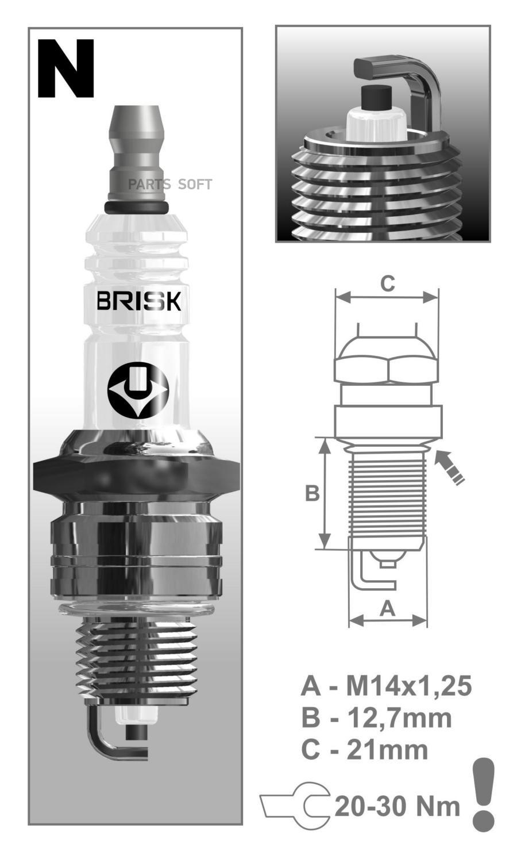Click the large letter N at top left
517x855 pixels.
point(65,68)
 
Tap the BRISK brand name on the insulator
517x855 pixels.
point(139,301)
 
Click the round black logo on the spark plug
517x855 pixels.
point(138,390)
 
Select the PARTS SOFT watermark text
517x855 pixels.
point(169,185)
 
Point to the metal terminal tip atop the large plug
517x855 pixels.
point(137,156)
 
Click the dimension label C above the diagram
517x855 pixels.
point(387,283)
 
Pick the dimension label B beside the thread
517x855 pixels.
point(312,493)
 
